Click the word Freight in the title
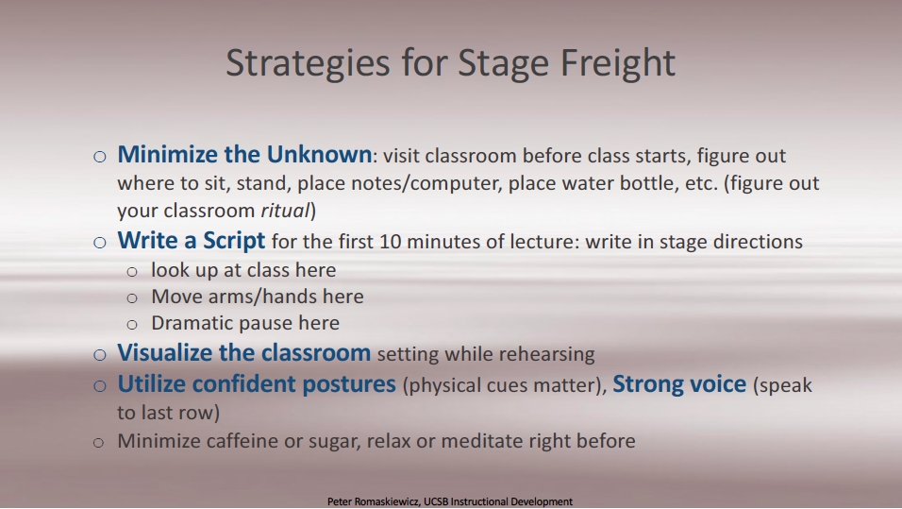(617, 63)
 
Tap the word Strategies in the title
(308, 63)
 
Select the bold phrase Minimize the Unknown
(244, 154)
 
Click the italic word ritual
(285, 211)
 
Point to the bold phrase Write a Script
(191, 241)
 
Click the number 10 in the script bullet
(390, 242)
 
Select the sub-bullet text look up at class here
(243, 270)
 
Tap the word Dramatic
(192, 323)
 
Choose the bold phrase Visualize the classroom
(244, 353)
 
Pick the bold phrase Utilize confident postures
(257, 384)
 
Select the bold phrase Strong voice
(679, 384)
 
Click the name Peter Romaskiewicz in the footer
(373, 501)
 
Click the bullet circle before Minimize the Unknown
(99, 157)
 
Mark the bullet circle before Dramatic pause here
(132, 325)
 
